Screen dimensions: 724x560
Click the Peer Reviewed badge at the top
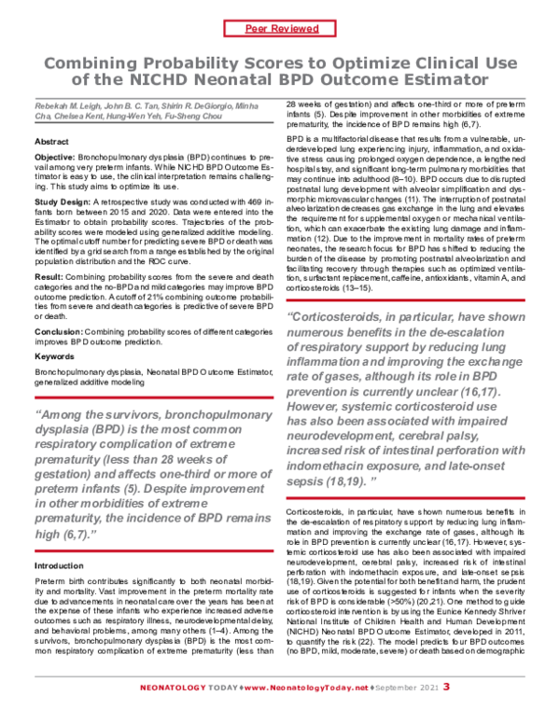tap(281, 29)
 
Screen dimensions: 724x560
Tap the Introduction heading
tap(59, 565)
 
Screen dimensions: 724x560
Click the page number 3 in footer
tap(446, 711)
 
